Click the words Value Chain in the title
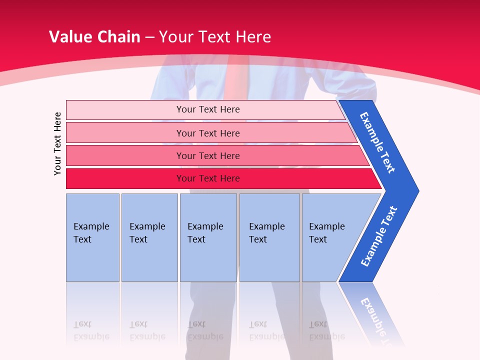click(x=94, y=37)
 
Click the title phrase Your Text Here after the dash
click(x=215, y=37)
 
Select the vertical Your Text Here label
click(x=57, y=143)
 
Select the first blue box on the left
click(x=92, y=237)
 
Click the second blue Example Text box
click(x=149, y=237)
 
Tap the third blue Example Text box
click(x=208, y=237)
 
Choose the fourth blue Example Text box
click(x=269, y=237)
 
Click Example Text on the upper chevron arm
click(x=377, y=142)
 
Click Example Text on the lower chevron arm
click(x=378, y=236)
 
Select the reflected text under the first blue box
click(x=91, y=331)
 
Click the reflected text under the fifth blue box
click(x=326, y=331)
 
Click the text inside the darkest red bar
click(x=208, y=178)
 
